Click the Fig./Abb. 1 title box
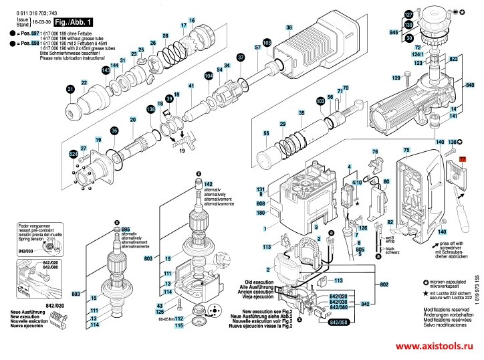point(74,22)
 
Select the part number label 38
point(289,27)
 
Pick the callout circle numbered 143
point(106,70)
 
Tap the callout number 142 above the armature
point(208,183)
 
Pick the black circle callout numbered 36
point(114,130)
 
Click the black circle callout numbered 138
point(151,108)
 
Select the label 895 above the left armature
point(126,230)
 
